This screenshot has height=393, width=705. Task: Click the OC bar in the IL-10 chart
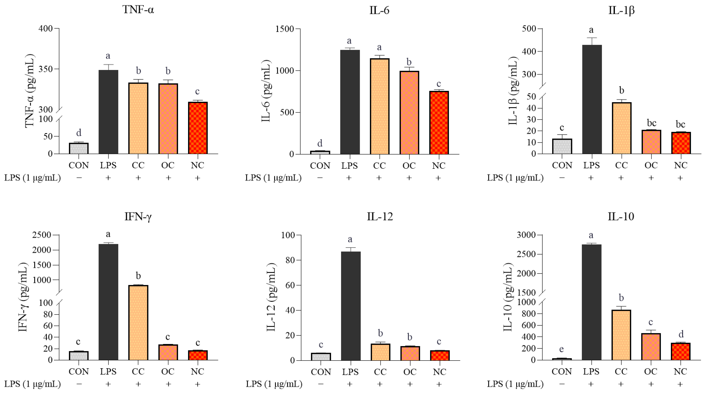pyautogui.click(x=651, y=346)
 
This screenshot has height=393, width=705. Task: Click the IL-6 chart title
pyautogui.click(x=379, y=10)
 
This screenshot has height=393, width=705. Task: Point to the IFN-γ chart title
pyautogui.click(x=138, y=217)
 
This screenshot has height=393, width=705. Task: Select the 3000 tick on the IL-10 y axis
pyautogui.click(x=526, y=235)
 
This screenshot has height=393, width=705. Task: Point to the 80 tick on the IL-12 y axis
pyautogui.click(x=290, y=260)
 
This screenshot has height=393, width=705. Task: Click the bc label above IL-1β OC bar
pyautogui.click(x=651, y=123)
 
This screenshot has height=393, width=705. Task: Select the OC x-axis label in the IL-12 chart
pyautogui.click(x=410, y=372)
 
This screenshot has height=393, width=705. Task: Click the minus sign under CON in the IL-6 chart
pyautogui.click(x=320, y=178)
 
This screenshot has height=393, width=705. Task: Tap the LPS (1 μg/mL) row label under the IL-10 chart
pyautogui.click(x=515, y=384)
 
